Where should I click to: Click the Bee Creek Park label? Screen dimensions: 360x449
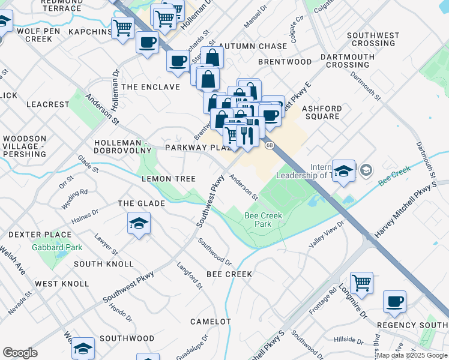pyautogui.click(x=263, y=220)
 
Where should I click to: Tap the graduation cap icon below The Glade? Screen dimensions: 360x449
pyautogui.click(x=139, y=224)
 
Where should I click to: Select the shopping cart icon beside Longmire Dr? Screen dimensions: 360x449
pyautogui.click(x=361, y=283)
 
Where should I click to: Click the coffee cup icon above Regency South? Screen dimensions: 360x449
pyautogui.click(x=394, y=302)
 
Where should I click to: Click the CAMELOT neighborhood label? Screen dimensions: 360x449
pyautogui.click(x=211, y=322)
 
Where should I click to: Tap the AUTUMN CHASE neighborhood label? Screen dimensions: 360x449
pyautogui.click(x=252, y=46)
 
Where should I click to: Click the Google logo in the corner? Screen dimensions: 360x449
pyautogui.click(x=20, y=353)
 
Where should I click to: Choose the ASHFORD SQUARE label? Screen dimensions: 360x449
pyautogui.click(x=322, y=112)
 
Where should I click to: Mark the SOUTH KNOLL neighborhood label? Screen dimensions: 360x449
pyautogui.click(x=104, y=264)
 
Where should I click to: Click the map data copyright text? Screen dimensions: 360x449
pyautogui.click(x=411, y=355)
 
